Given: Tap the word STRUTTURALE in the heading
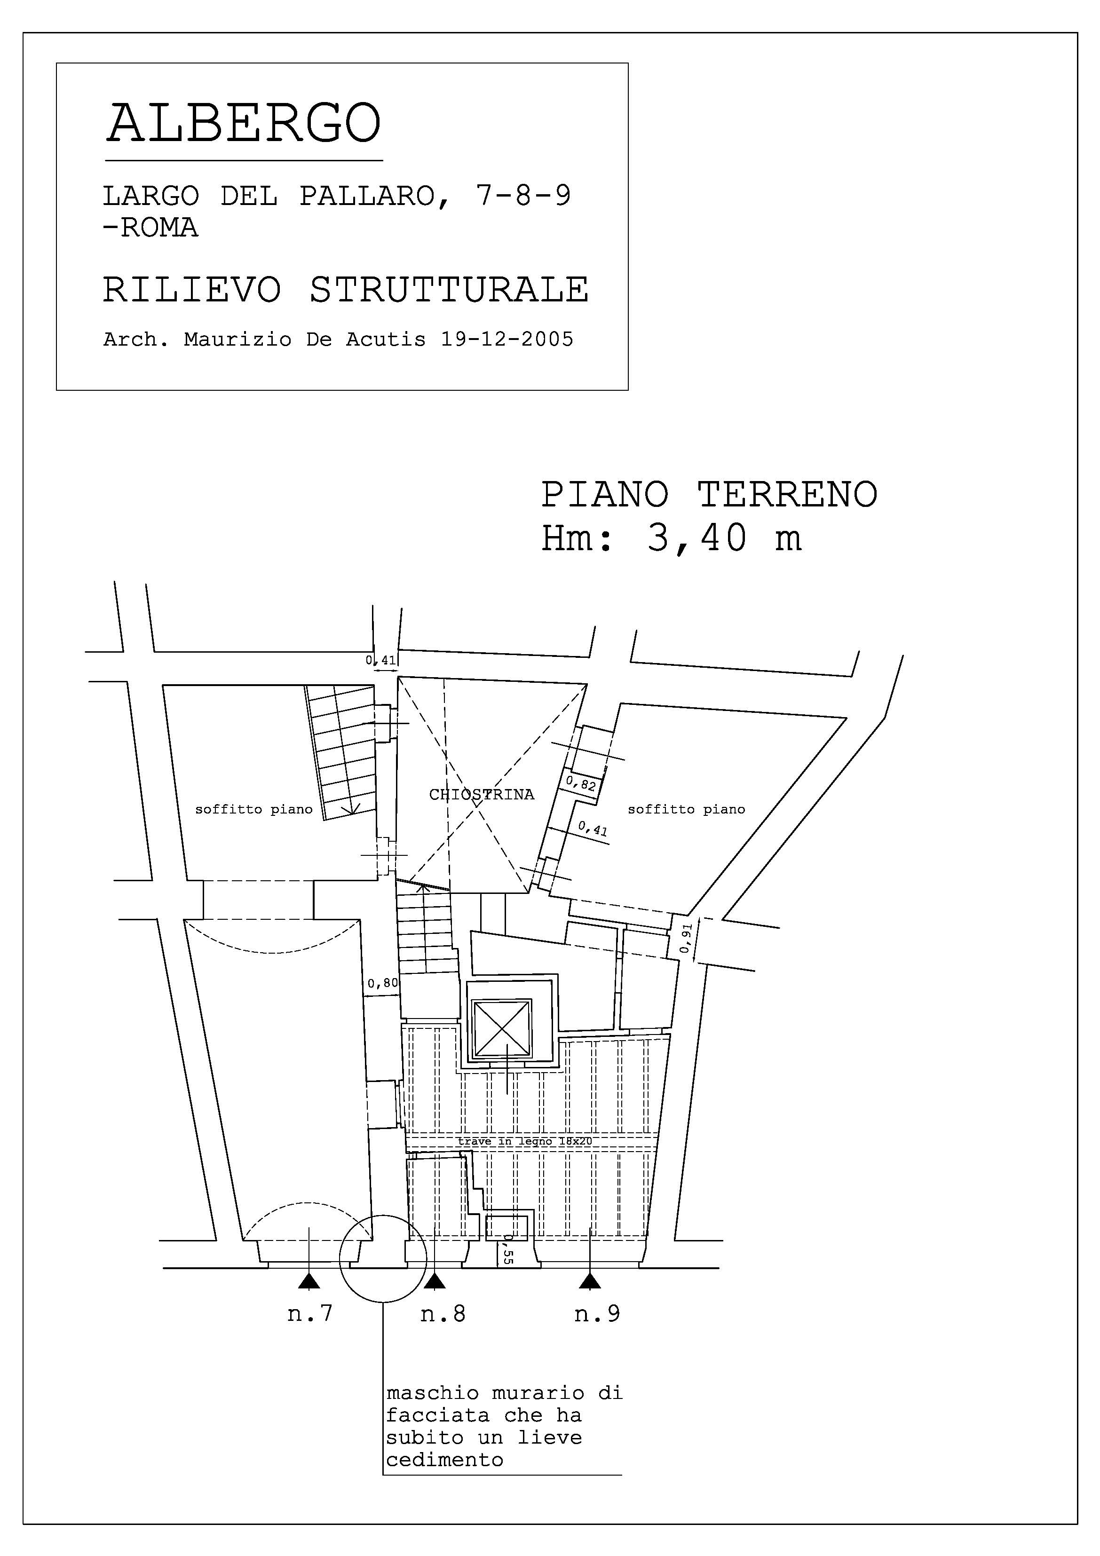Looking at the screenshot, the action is pos(449,290).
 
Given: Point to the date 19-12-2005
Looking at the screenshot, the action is pos(507,339).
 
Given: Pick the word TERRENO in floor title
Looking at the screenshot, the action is pos(788,494).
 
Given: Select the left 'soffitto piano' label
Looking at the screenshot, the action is pos(253,809).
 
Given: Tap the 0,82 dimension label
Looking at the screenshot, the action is pos(581,784).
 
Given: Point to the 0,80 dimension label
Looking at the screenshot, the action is pos(383,983).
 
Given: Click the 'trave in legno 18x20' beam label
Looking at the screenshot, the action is pos(524,1141).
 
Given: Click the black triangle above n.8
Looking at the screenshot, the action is pos(435,1280).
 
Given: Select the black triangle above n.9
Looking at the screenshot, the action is pos(590,1280).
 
